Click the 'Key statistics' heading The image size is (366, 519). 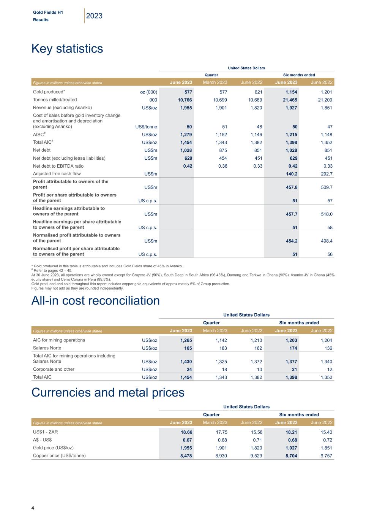pyautogui.click(x=67, y=49)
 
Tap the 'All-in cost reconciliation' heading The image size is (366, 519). pyautogui.click(x=95, y=300)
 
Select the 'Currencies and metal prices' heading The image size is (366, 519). pyautogui.click(x=108, y=392)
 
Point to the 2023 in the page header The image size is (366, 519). pyautogui.click(x=94, y=16)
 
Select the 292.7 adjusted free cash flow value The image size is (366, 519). pyautogui.click(x=325, y=174)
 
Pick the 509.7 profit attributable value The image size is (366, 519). pyautogui.click(x=325, y=187)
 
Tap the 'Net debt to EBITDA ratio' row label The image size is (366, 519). pyautogui.click(x=58, y=166)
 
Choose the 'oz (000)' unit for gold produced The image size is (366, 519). pyautogui.click(x=149, y=92)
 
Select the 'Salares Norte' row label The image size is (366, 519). pyautogui.click(x=47, y=348)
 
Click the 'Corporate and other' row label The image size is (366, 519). pyautogui.click(x=54, y=369)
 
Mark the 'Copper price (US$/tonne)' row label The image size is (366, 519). pyautogui.click(x=59, y=456)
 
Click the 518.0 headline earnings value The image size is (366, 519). pyautogui.click(x=325, y=214)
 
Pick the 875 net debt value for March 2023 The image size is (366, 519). pyautogui.click(x=223, y=150)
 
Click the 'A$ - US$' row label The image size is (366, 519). pyautogui.click(x=43, y=440)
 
